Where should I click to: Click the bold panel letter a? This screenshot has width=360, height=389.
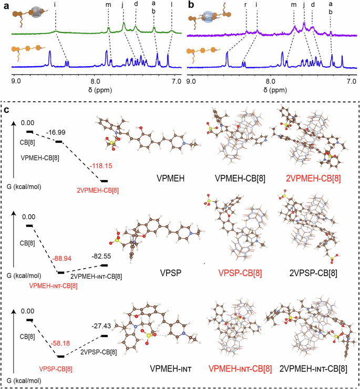[x=5, y=5]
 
